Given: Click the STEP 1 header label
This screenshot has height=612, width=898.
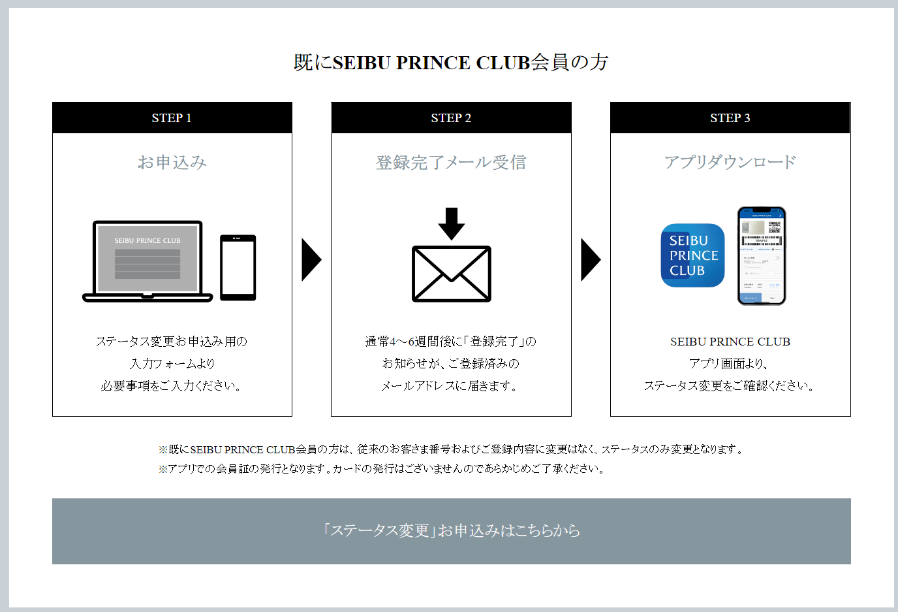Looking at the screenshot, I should [172, 118].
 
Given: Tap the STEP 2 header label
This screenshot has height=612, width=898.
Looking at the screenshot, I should [451, 118].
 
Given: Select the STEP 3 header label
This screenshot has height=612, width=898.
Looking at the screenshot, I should [730, 118].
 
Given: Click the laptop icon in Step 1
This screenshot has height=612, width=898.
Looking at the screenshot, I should [147, 261].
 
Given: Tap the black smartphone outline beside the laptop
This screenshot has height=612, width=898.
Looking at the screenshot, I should [238, 267].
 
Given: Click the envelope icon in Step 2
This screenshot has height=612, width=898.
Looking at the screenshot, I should [452, 274].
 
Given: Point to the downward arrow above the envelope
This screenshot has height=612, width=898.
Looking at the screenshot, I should [452, 223].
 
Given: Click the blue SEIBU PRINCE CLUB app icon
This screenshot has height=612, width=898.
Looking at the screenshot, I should [693, 255].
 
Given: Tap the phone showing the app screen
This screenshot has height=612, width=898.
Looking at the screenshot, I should [762, 256].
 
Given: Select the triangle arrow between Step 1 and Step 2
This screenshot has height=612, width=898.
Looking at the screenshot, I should [311, 260].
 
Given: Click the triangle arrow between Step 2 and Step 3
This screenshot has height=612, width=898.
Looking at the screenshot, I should [590, 260].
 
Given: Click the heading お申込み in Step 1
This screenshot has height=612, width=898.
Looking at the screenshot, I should [172, 162].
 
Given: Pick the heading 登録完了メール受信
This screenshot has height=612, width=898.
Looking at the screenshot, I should [451, 162].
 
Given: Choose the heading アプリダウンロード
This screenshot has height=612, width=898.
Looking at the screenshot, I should [730, 162].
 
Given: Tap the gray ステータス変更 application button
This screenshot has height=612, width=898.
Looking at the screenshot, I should [452, 531].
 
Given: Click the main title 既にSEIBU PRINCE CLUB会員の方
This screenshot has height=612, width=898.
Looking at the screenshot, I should [451, 63].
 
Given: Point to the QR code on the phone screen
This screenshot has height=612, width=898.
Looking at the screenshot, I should [774, 227].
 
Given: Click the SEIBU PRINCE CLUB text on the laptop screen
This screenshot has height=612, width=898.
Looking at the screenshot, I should [147, 241].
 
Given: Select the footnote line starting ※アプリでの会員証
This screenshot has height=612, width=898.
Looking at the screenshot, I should [382, 469].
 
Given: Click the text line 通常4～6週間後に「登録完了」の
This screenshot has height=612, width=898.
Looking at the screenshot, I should [451, 342].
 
